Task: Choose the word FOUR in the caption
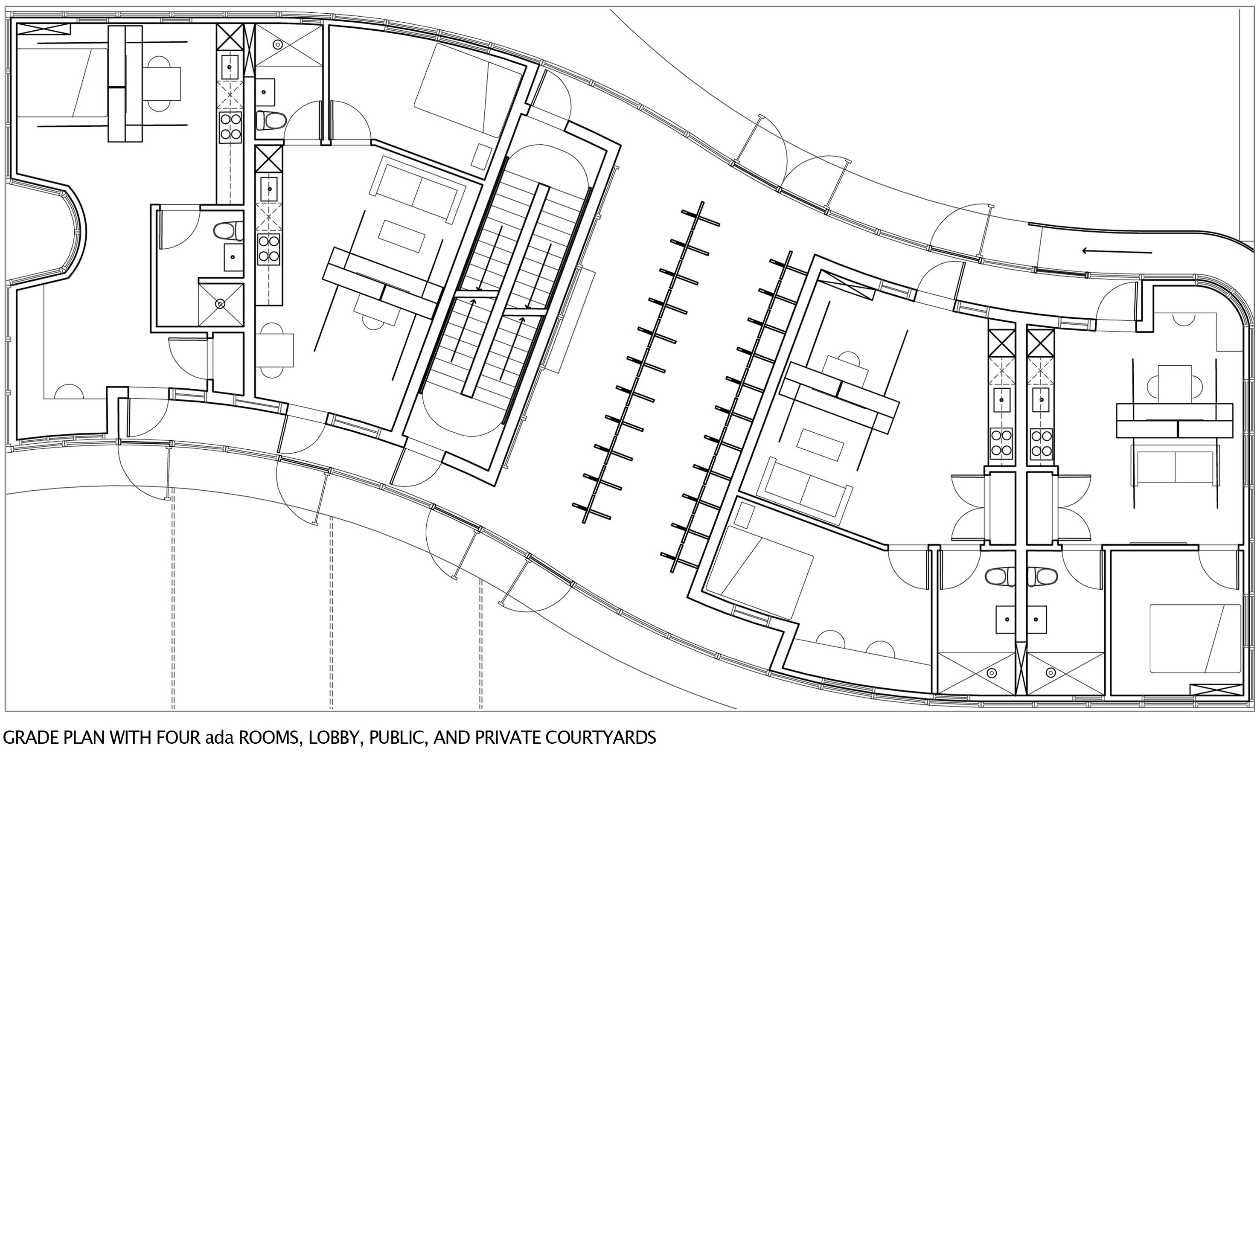(x=179, y=738)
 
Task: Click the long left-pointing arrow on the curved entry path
(x=1117, y=250)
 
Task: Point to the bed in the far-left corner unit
(x=62, y=81)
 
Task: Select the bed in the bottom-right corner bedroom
(x=1195, y=638)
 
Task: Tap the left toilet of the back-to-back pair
(x=998, y=576)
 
